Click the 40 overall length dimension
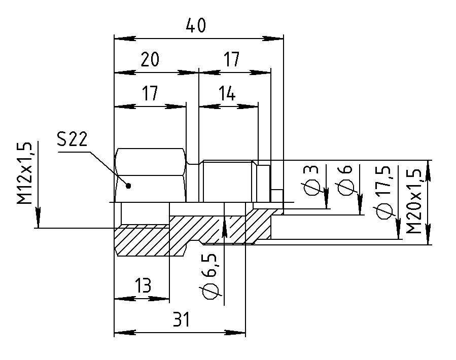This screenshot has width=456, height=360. (196, 25)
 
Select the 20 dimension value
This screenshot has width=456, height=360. (150, 59)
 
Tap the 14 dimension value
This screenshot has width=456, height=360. (227, 94)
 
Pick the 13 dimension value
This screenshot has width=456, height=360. (143, 285)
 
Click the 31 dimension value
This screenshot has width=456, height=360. (181, 319)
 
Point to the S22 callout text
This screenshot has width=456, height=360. (72, 139)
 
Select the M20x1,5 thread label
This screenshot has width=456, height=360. (413, 201)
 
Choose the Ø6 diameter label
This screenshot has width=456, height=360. (345, 181)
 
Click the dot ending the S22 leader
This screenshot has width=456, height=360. (129, 186)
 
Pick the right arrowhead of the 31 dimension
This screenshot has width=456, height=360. (235, 333)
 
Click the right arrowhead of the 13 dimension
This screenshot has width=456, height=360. (159, 299)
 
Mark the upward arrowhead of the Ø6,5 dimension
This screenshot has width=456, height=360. (224, 228)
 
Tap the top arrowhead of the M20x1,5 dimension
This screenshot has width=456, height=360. (428, 171)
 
